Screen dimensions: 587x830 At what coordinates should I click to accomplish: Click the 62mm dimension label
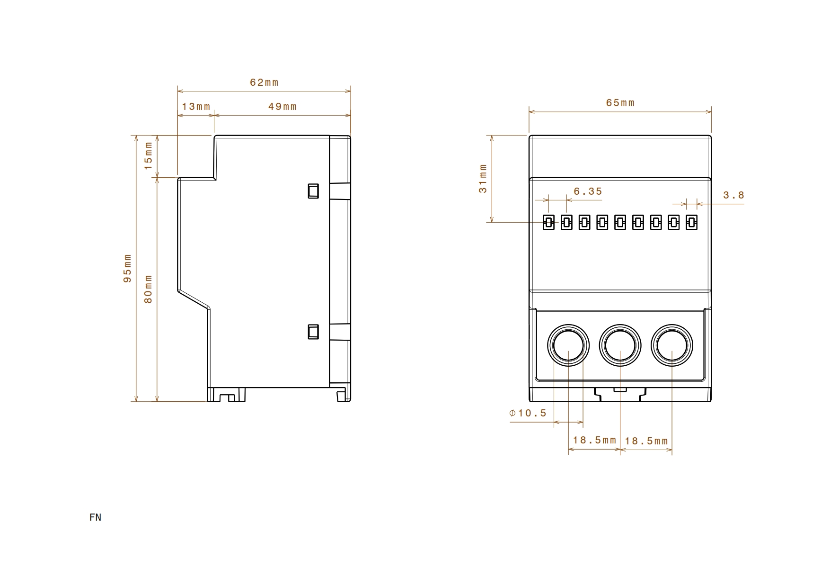pyautogui.click(x=264, y=82)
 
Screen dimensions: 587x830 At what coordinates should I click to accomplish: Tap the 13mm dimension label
pyautogui.click(x=196, y=107)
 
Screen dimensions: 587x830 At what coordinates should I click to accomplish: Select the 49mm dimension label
pyautogui.click(x=283, y=107)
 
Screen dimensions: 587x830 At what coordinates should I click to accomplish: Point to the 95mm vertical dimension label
pyautogui.click(x=127, y=269)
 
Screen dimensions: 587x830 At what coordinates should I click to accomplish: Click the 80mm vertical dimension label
pyautogui.click(x=148, y=289)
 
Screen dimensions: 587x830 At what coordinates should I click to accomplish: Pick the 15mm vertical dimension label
pyautogui.click(x=148, y=156)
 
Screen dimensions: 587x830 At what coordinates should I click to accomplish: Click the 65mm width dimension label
pyautogui.click(x=620, y=103)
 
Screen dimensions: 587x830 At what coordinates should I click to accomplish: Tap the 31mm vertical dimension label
pyautogui.click(x=483, y=178)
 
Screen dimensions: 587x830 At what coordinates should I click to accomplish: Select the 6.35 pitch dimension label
pyautogui.click(x=588, y=191)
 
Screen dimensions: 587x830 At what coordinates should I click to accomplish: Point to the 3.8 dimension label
pyautogui.click(x=733, y=195)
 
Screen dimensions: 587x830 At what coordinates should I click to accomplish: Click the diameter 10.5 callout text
pyautogui.click(x=528, y=413)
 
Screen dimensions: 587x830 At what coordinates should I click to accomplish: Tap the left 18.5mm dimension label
pyautogui.click(x=594, y=440)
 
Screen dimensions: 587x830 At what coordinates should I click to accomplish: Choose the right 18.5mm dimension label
pyautogui.click(x=646, y=441)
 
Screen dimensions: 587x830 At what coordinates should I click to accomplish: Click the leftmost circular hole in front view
pyautogui.click(x=568, y=345)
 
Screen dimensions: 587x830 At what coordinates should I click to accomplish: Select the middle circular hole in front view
pyautogui.click(x=620, y=345)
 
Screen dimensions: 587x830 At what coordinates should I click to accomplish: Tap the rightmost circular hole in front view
pyautogui.click(x=672, y=345)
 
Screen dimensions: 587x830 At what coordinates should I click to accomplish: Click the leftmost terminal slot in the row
pyautogui.click(x=548, y=222)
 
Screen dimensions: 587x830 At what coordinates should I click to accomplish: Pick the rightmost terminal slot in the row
pyautogui.click(x=692, y=222)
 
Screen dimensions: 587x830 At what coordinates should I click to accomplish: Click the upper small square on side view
pyautogui.click(x=313, y=190)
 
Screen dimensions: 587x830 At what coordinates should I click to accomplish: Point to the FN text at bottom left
pyautogui.click(x=95, y=517)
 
